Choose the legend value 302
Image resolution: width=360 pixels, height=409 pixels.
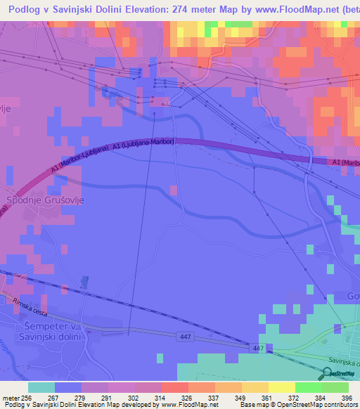point(122,397)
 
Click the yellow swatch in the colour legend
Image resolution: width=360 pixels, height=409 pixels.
point(281,387)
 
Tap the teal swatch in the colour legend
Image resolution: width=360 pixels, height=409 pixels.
point(41,387)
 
